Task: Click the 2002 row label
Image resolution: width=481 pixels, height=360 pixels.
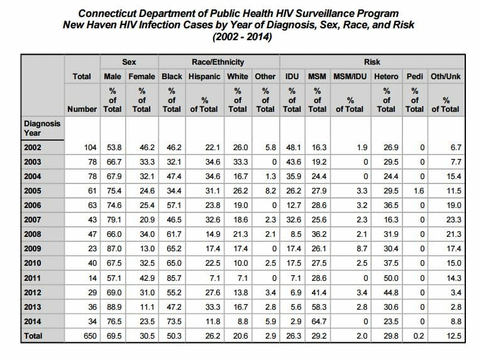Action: [x=33, y=148]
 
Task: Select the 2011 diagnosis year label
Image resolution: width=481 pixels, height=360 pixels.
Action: [x=33, y=278]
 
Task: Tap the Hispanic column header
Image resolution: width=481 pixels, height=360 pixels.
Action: [x=204, y=77]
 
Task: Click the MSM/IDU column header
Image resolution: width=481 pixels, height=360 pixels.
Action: [x=350, y=77]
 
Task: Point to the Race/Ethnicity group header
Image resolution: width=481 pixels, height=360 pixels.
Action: [x=218, y=62]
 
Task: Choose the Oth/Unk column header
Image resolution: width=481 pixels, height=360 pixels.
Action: [x=445, y=77]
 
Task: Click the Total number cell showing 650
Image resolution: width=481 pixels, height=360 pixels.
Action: [x=90, y=336]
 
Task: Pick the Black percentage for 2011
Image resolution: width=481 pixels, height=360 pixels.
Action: [x=174, y=278]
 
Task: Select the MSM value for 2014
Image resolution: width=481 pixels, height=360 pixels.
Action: [x=319, y=322]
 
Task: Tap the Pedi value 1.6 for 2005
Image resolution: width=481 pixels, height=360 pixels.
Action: [x=419, y=191]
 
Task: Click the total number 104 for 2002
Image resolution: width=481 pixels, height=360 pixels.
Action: [x=90, y=148]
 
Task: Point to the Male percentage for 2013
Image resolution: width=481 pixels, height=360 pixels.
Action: [x=114, y=307]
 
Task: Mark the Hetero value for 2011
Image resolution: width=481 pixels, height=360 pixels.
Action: [x=391, y=278]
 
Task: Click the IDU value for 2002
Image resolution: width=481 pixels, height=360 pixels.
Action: [x=294, y=148]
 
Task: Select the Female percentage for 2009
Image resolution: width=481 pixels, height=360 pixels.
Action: [x=147, y=249]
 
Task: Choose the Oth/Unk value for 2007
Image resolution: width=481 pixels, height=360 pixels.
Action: [x=454, y=220]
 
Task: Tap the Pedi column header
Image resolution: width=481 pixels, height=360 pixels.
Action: [x=415, y=77]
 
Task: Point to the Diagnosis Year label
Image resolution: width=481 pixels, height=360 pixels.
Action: [x=42, y=128]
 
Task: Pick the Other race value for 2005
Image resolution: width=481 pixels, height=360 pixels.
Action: [x=270, y=191]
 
